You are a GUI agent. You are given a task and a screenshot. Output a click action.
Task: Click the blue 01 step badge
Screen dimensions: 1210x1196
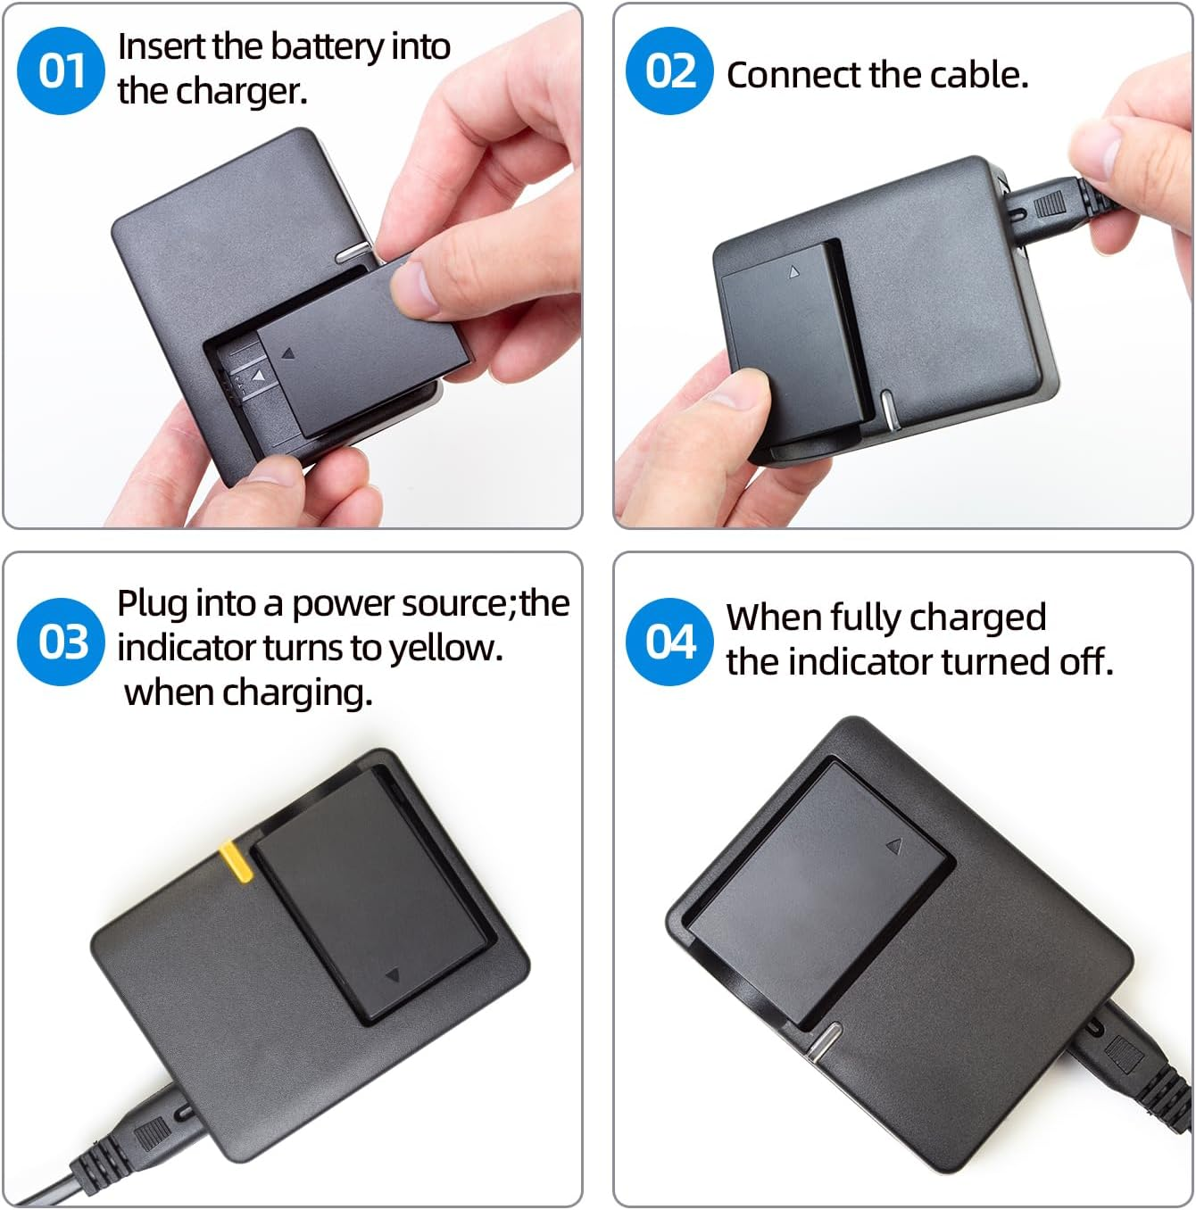point(61,71)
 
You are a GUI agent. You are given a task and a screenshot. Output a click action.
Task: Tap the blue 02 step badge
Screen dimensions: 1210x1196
point(669,71)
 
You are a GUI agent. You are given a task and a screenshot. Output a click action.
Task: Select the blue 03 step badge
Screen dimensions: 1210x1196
point(61,642)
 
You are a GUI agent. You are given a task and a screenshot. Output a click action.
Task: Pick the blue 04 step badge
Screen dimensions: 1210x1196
point(669,642)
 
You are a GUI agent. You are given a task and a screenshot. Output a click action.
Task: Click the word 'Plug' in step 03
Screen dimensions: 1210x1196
point(152,604)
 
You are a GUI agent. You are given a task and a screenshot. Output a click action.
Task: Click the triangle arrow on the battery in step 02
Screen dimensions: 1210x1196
point(793,272)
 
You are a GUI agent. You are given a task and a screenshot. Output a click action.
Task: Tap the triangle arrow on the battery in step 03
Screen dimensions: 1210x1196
point(392,975)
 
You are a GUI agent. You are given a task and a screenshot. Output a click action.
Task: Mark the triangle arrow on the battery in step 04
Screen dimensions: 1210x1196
point(893,844)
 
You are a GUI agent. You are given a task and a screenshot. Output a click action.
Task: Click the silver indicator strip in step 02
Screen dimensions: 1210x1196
point(887,409)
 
